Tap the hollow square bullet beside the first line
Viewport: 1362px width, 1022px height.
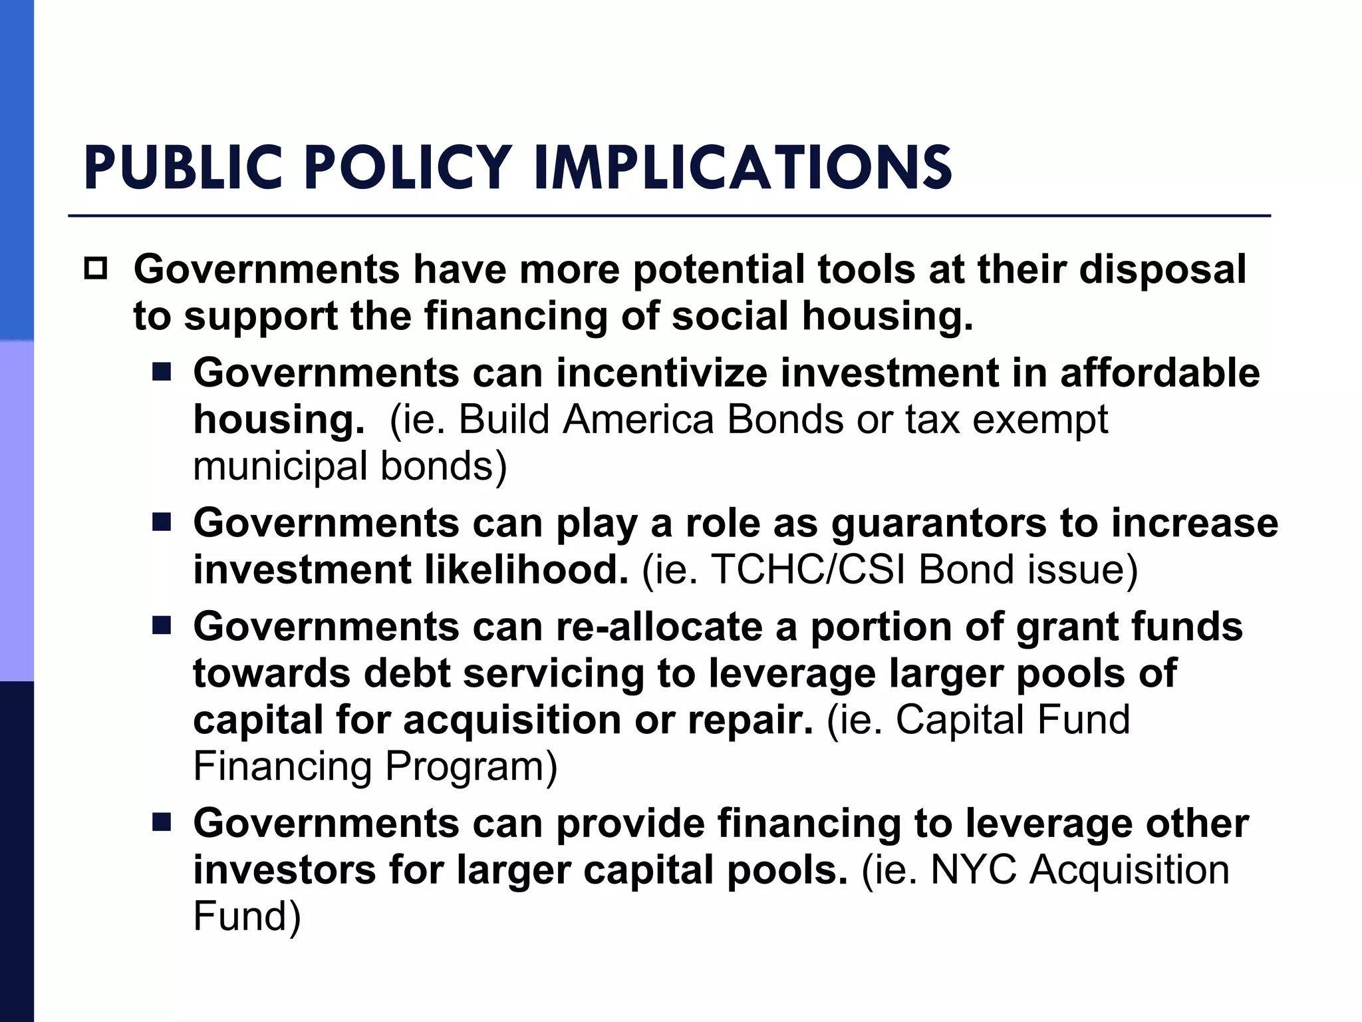pyautogui.click(x=96, y=269)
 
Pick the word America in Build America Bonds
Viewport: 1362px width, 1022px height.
pyautogui.click(x=638, y=419)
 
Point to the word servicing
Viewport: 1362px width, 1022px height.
pyautogui.click(x=554, y=673)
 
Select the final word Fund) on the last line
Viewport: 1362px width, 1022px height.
pyautogui.click(x=247, y=916)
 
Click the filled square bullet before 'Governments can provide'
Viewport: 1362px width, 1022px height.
pyautogui.click(x=161, y=823)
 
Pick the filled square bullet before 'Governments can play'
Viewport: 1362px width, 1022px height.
pyautogui.click(x=161, y=523)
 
